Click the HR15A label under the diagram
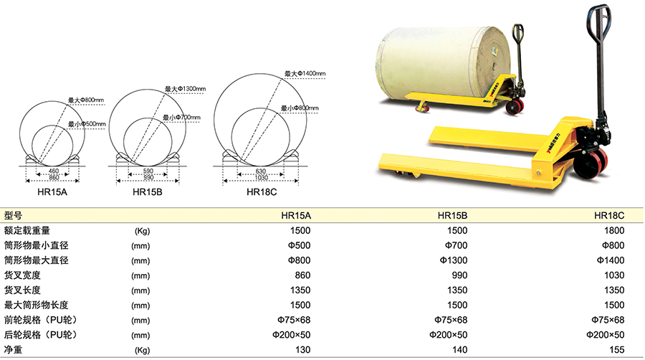(52, 192)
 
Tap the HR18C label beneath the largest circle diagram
(262, 192)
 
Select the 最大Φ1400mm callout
(305, 74)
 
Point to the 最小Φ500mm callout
(87, 124)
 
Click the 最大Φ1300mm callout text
(185, 89)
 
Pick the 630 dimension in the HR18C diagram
(261, 171)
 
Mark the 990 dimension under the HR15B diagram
(148, 177)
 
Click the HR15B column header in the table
(452, 216)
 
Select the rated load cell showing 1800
(614, 230)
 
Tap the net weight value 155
(617, 350)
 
